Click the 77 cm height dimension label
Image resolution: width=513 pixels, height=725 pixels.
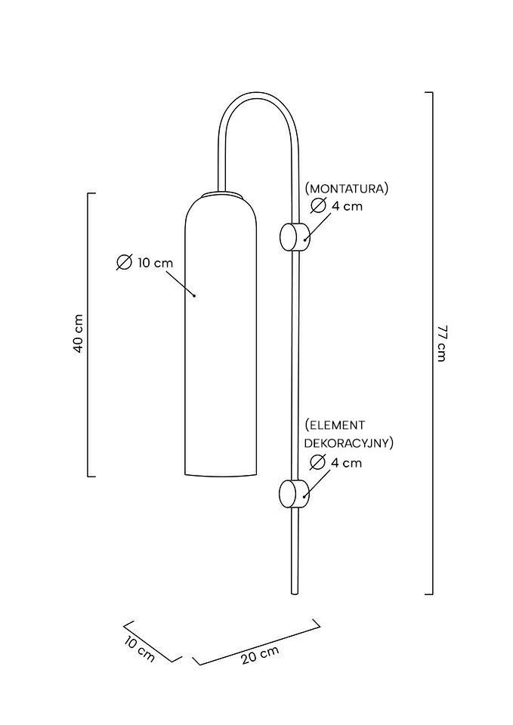(442, 343)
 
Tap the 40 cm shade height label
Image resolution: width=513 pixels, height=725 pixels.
(78, 335)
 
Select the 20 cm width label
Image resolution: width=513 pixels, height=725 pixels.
(260, 655)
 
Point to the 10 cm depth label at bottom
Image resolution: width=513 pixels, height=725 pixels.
(140, 649)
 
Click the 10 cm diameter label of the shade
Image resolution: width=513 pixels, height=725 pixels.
(155, 263)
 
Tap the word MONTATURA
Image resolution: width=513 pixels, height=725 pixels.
(347, 188)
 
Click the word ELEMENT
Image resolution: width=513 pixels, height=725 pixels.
(335, 425)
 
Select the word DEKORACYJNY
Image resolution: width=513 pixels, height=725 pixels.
(348, 443)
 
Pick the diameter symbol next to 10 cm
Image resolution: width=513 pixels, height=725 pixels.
(125, 263)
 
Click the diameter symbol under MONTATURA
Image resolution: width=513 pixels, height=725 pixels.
(318, 205)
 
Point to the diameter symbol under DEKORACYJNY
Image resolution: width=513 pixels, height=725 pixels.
(318, 462)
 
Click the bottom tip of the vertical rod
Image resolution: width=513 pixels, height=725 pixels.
(295, 593)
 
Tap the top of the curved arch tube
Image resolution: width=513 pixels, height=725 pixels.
(257, 95)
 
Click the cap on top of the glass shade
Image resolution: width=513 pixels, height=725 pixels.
(223, 195)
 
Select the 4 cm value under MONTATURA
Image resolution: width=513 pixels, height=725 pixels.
(348, 205)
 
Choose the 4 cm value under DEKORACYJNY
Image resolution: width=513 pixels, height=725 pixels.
(347, 462)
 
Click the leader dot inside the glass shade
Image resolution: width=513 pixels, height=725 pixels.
(195, 295)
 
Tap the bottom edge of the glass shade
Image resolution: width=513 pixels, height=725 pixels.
(223, 476)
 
